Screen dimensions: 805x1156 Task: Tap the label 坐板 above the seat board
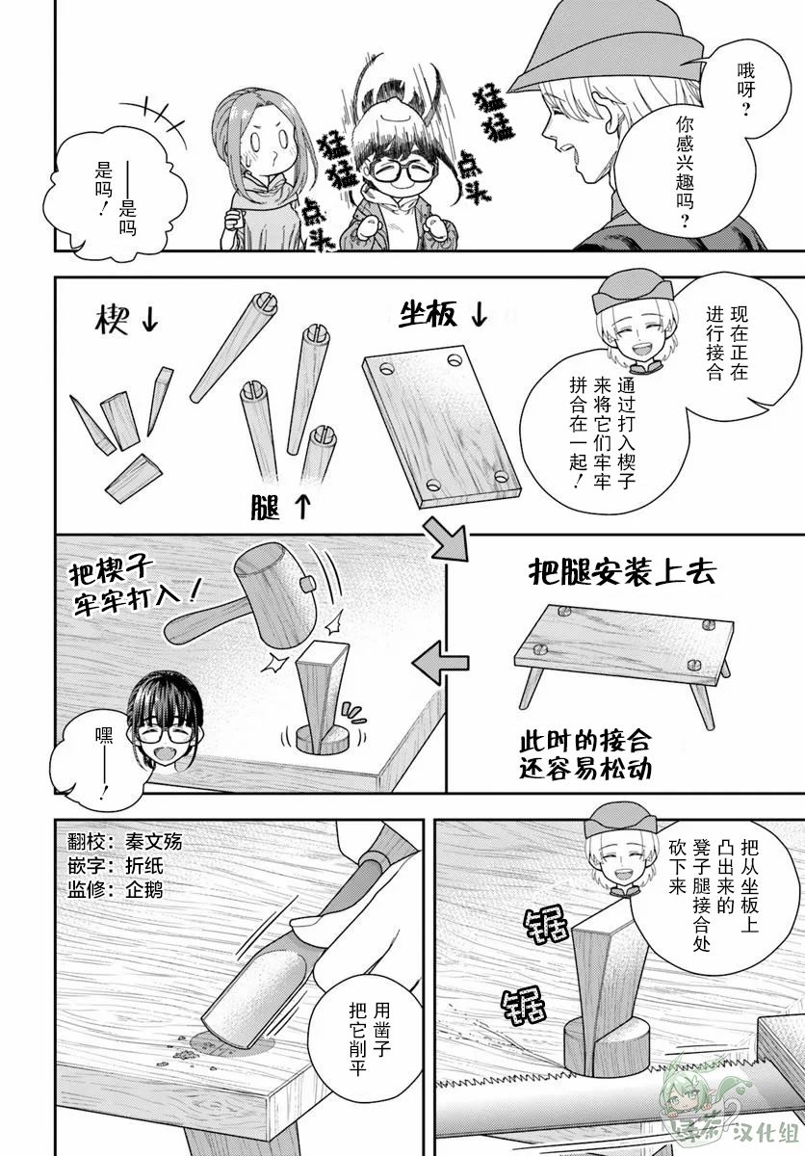(x=428, y=314)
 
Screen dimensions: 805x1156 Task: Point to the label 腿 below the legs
(x=265, y=506)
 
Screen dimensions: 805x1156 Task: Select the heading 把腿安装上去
(x=622, y=572)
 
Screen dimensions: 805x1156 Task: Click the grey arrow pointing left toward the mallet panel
(x=440, y=662)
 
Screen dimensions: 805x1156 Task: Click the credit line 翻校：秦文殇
(x=125, y=842)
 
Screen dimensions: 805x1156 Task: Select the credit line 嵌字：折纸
(x=116, y=865)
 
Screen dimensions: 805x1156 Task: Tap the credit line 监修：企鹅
(x=116, y=890)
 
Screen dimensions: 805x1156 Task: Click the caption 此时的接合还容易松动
(x=584, y=756)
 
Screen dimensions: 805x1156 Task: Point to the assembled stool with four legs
(x=623, y=658)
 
